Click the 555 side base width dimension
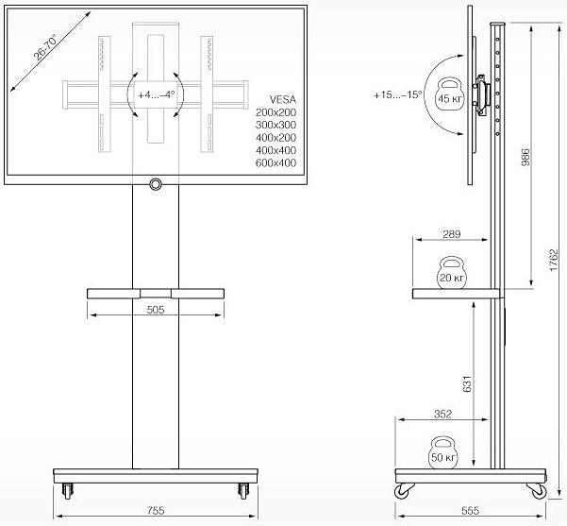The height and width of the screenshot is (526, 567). point(469,510)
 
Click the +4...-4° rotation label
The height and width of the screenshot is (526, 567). point(155,95)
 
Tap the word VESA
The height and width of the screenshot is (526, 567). point(282,98)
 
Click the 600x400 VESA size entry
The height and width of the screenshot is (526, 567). point(275,163)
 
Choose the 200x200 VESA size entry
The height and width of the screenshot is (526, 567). point(275,111)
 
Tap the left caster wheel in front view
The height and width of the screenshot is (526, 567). point(68,490)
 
